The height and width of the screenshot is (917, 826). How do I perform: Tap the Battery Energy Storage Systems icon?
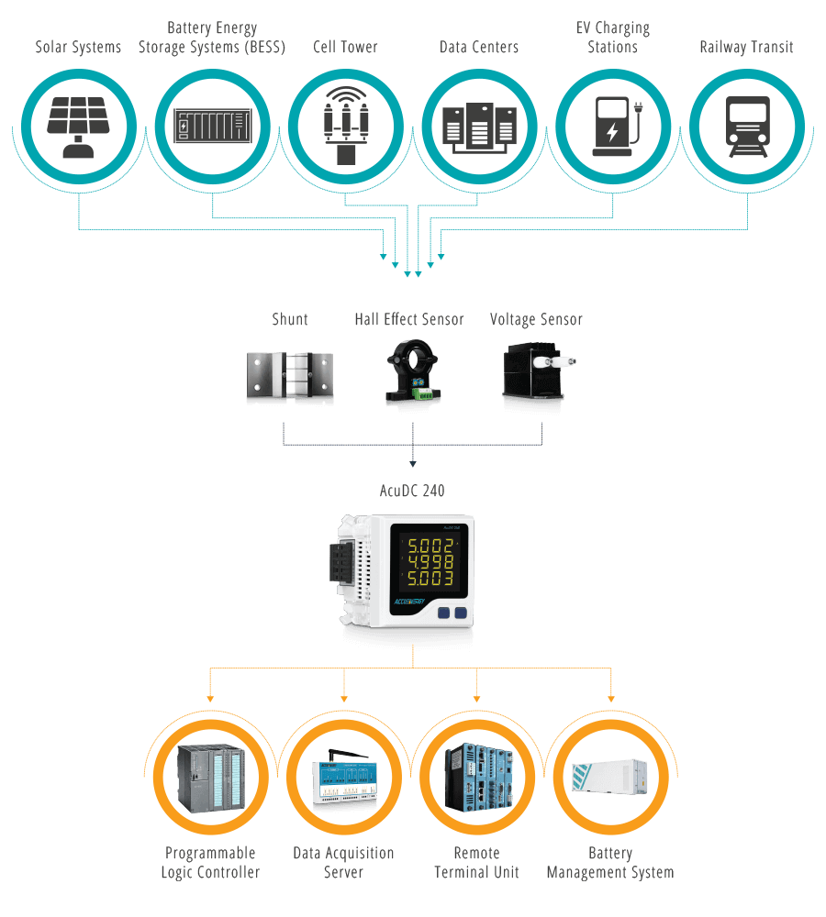[x=212, y=125]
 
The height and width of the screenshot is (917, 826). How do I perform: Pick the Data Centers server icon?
[x=479, y=126]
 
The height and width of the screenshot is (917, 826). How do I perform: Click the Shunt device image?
[x=289, y=375]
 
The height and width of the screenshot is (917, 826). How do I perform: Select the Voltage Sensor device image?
[x=537, y=376]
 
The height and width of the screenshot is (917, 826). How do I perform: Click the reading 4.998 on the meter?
[x=430, y=562]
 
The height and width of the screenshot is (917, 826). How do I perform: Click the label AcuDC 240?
[x=412, y=492]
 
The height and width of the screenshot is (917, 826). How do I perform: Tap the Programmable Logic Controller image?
[x=211, y=778]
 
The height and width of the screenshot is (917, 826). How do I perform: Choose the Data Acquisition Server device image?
[x=344, y=779]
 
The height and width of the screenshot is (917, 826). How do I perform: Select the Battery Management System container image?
[x=610, y=779]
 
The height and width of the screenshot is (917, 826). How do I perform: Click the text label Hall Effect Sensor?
[x=409, y=320]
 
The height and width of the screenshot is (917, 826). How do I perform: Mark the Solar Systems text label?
[x=78, y=47]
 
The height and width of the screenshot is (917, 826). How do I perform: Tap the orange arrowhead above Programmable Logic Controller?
[x=210, y=699]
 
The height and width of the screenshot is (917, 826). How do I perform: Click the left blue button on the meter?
[x=443, y=613]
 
